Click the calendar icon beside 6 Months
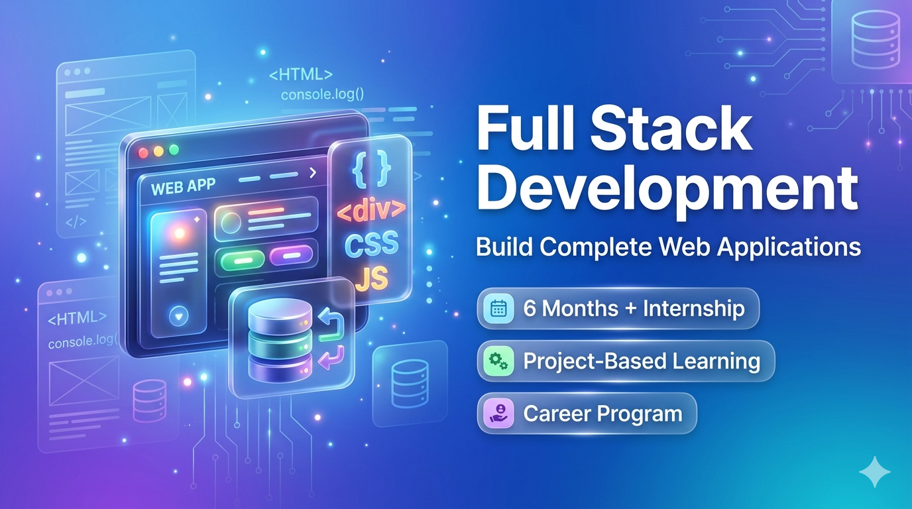(498, 308)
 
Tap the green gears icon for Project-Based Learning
(498, 361)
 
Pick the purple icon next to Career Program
(498, 414)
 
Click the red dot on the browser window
(143, 152)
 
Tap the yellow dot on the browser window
(158, 151)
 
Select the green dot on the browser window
(174, 150)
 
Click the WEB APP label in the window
(184, 186)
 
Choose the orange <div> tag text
(371, 210)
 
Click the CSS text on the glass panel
(371, 244)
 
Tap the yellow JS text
(371, 280)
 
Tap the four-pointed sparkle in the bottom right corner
(874, 471)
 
